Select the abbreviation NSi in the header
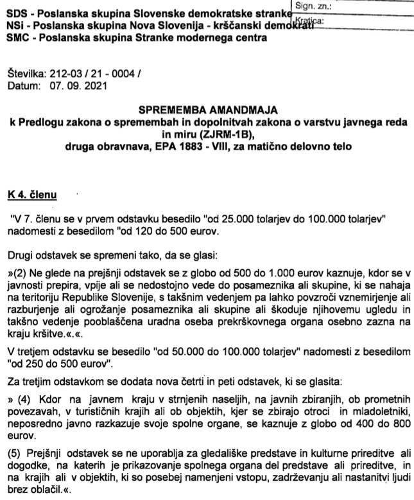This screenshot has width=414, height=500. (14, 26)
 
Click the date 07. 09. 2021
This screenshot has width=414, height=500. (73, 85)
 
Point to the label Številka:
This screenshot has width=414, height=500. (25, 75)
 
